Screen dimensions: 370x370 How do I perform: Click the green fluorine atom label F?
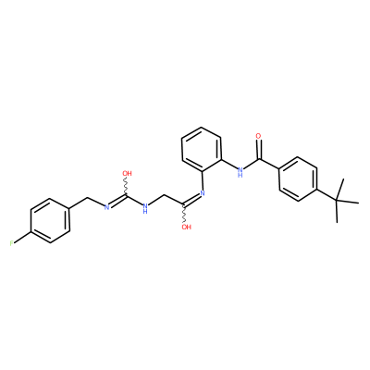click(x=11, y=243)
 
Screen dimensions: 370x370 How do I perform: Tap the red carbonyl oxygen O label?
click(x=258, y=136)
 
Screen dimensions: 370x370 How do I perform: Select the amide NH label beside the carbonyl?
click(x=240, y=172)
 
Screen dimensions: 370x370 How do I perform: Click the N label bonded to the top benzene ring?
click(x=203, y=193)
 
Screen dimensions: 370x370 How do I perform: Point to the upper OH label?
click(x=127, y=173)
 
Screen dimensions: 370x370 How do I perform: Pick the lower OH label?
click(x=186, y=228)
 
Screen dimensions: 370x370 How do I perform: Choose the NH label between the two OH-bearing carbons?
click(x=145, y=208)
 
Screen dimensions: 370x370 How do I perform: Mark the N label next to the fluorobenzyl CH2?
click(x=107, y=207)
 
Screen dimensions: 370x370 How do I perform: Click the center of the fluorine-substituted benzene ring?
click(x=50, y=220)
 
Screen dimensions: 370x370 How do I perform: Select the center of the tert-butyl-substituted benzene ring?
click(x=298, y=179)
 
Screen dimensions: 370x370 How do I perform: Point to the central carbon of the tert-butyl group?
click(x=337, y=201)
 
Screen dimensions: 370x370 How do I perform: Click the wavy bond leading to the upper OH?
click(x=126, y=186)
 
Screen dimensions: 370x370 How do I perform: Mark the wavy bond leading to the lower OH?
click(x=184, y=214)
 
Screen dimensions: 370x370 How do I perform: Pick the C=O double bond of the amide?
click(x=259, y=150)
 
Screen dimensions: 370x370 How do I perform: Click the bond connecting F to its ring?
click(x=22, y=237)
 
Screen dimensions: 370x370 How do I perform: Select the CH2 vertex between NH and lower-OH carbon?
click(x=165, y=196)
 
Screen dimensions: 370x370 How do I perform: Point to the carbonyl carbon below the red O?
click(x=260, y=159)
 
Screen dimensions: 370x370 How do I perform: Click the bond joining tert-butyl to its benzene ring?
click(x=327, y=195)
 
